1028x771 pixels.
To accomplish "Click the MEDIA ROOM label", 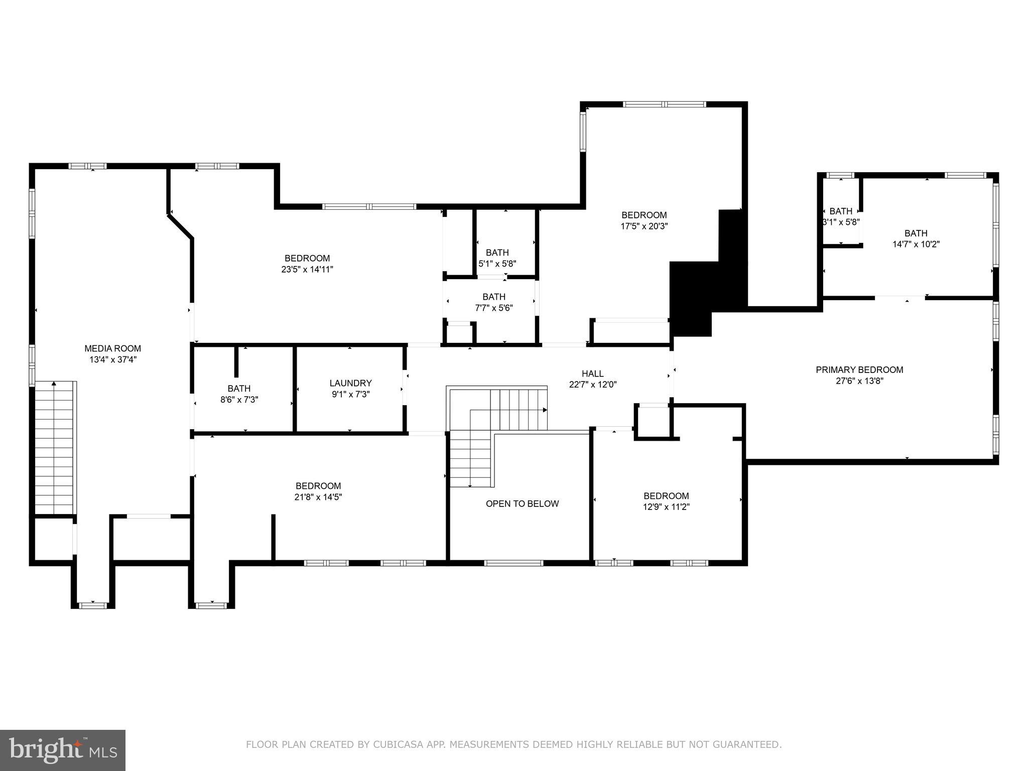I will [112, 348].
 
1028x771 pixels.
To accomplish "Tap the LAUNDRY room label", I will [350, 383].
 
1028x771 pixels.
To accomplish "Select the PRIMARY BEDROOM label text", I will [859, 370].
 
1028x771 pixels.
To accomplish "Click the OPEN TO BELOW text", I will [522, 503].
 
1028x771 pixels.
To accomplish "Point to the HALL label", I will [592, 373].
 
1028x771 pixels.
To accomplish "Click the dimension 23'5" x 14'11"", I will [307, 270].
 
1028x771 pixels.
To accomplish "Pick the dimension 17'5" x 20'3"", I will [644, 226].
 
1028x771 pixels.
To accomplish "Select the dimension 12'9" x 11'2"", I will [666, 507].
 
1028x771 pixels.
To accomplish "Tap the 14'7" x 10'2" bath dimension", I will [916, 244].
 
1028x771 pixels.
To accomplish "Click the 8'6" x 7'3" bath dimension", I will [239, 400].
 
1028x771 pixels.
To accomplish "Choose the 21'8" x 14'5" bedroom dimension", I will [318, 497].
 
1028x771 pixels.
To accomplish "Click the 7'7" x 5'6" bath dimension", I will [494, 308].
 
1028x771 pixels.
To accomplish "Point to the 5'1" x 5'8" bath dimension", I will [497, 263].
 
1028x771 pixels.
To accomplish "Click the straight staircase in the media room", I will [54, 447].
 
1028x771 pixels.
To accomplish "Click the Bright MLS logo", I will [63, 750].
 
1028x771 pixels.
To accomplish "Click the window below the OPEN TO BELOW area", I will [513, 563].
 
